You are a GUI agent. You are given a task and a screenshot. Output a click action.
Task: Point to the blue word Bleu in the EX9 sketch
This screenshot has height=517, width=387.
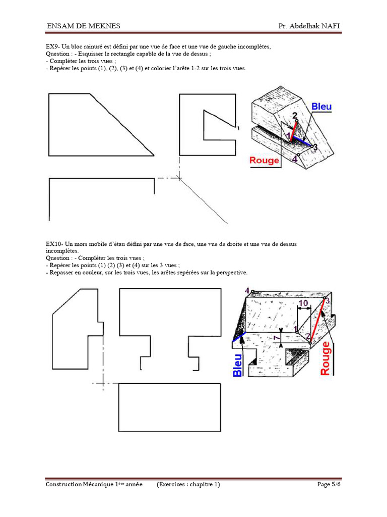(321, 107)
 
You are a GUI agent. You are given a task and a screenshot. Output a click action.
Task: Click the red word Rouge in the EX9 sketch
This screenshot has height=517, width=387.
(265, 161)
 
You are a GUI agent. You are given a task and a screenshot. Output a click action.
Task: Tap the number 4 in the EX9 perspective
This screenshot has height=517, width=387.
(295, 158)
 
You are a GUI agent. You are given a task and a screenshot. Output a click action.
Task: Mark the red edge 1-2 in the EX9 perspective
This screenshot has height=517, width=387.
(292, 128)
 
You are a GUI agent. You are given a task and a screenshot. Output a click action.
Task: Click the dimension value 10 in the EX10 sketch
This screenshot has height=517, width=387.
(303, 303)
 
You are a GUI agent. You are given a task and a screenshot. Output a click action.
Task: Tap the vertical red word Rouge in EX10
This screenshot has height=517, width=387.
(326, 358)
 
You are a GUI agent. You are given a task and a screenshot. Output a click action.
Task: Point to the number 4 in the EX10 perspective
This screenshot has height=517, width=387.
(247, 291)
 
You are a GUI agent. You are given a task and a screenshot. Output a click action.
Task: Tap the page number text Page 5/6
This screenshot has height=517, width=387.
(329, 485)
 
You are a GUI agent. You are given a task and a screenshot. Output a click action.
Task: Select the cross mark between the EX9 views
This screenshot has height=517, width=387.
(178, 177)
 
